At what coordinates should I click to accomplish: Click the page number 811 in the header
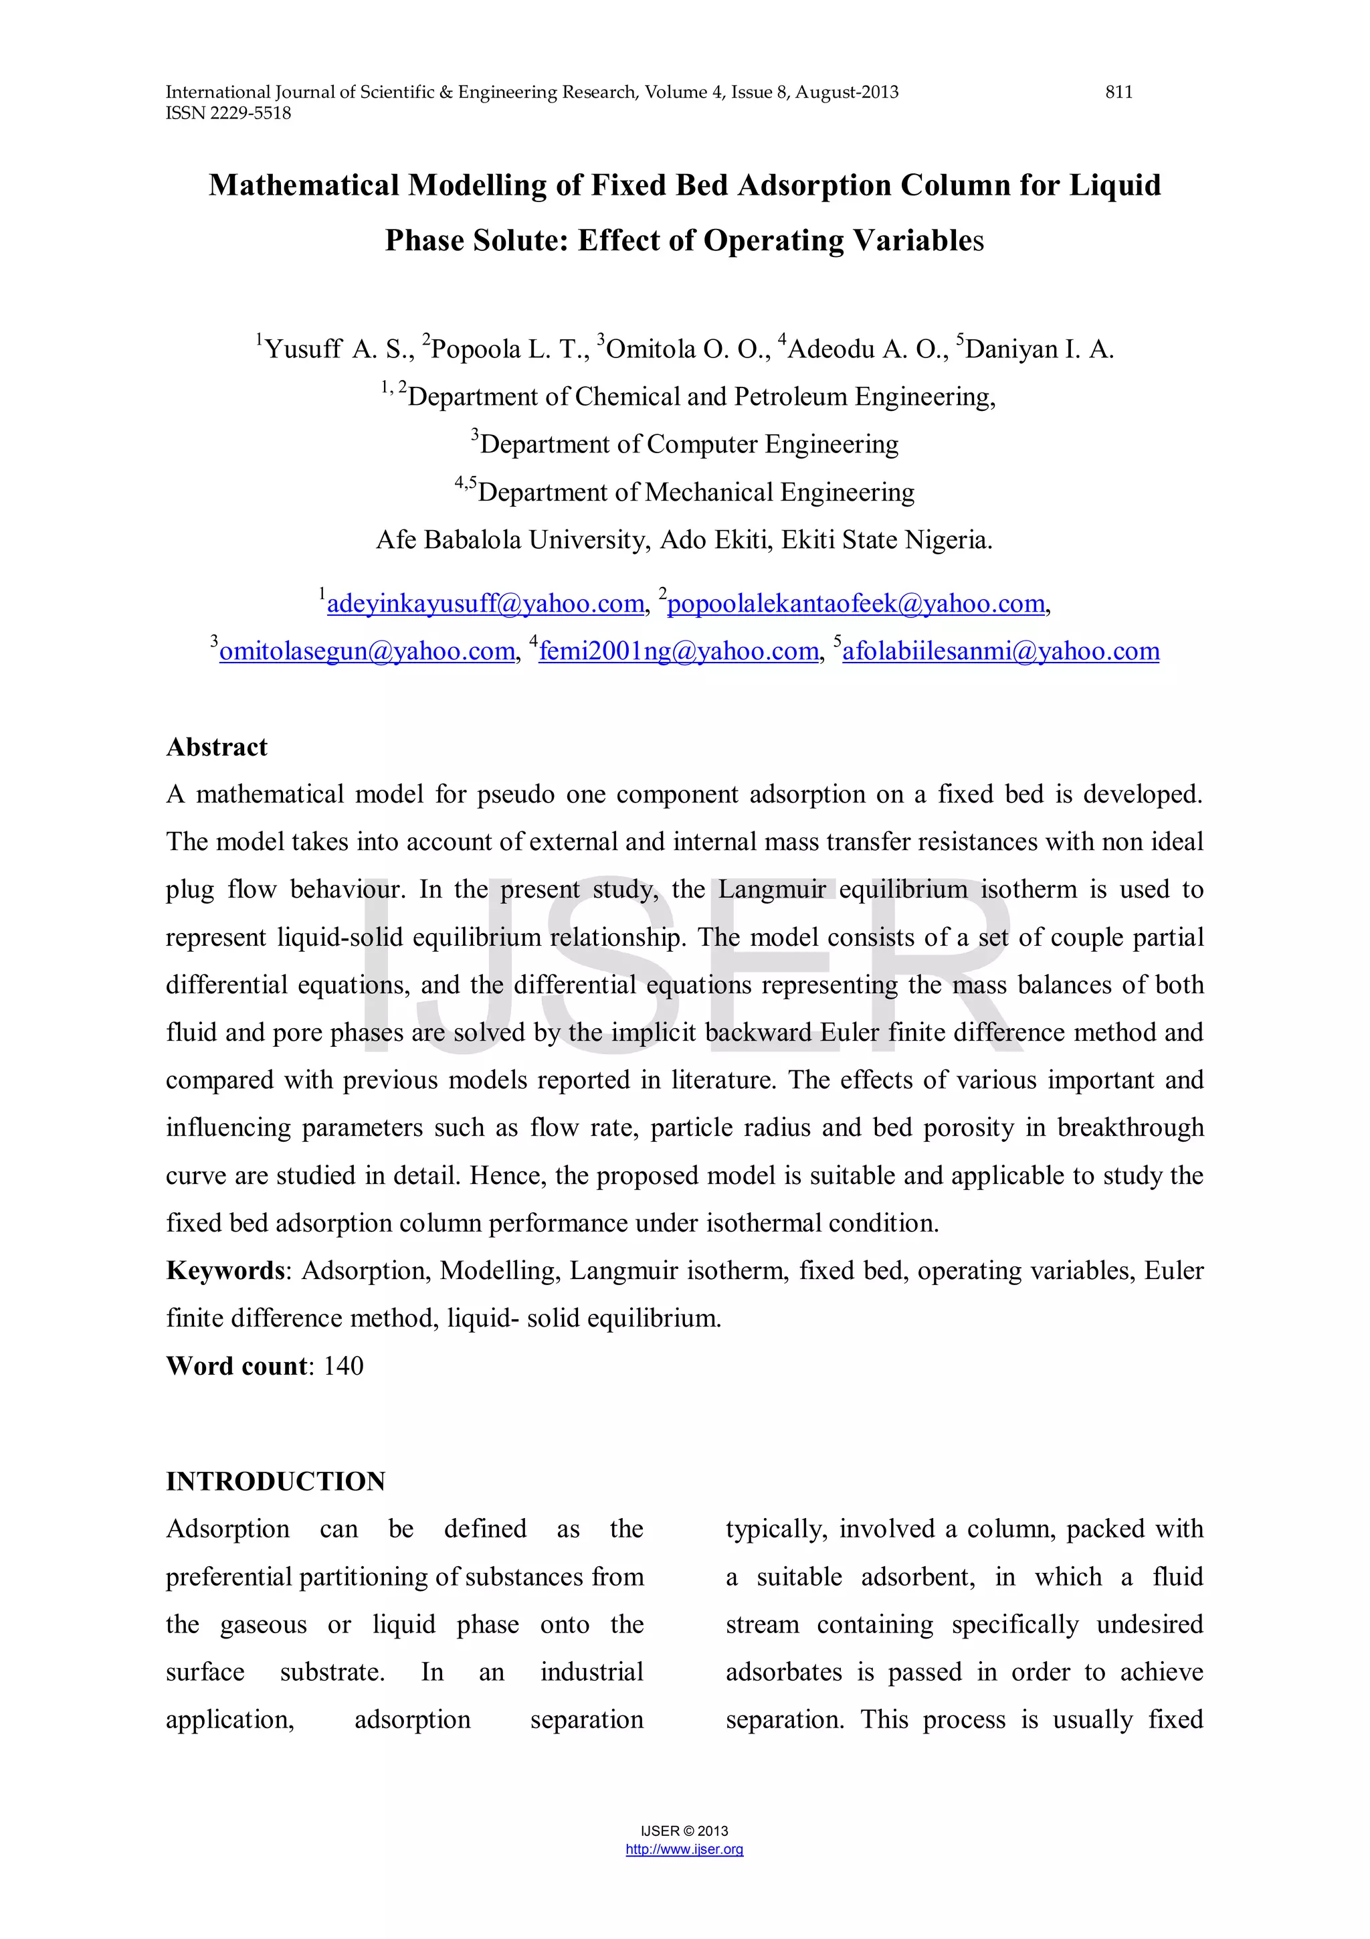[x=1118, y=92]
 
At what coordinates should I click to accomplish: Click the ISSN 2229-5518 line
[x=228, y=113]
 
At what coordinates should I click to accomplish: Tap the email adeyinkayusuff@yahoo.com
[x=486, y=604]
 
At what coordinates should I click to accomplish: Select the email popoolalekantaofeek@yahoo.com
[x=856, y=604]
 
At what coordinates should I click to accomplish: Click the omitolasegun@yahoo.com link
[x=367, y=651]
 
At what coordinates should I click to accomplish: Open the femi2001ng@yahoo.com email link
[x=679, y=651]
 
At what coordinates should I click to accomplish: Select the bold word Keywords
[x=225, y=1270]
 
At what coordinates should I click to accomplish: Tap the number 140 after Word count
[x=344, y=1365]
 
